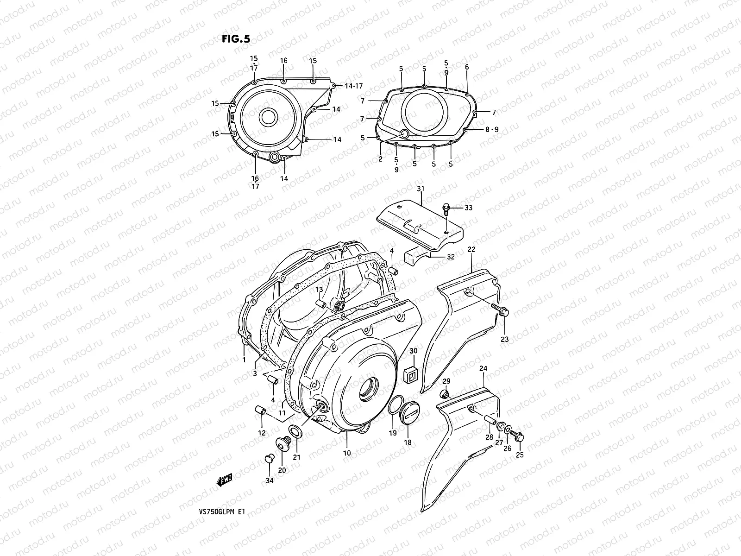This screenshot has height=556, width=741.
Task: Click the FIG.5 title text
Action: tap(235, 39)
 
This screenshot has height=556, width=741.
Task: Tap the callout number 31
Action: tap(420, 189)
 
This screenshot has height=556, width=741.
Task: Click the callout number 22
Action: tap(471, 250)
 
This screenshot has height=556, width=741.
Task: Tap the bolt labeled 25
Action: tap(519, 436)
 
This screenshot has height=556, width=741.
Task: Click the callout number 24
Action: tap(484, 369)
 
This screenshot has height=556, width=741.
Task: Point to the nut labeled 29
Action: tap(445, 395)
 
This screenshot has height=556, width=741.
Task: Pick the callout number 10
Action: tap(347, 453)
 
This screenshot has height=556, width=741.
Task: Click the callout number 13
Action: tap(319, 290)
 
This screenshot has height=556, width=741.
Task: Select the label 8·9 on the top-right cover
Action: tap(492, 130)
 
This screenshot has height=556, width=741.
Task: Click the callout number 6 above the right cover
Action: tap(467, 67)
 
